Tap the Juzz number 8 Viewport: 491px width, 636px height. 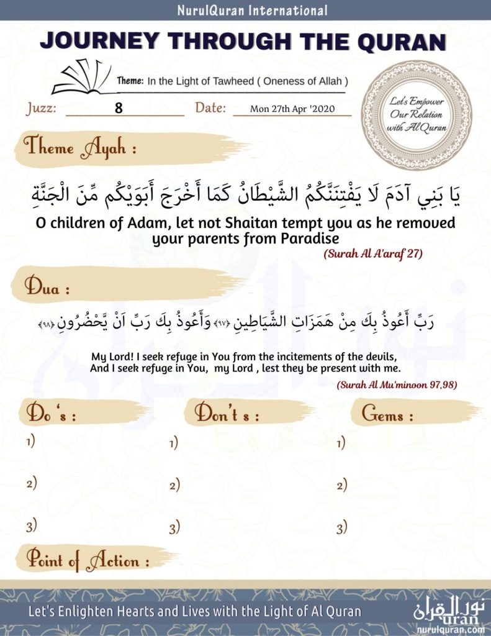click(119, 108)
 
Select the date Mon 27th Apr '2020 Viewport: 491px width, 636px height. click(292, 109)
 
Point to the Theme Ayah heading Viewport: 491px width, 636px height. click(79, 148)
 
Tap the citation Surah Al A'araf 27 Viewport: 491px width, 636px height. click(373, 255)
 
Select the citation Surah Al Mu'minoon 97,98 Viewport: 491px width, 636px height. click(397, 385)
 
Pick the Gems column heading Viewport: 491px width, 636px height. click(387, 415)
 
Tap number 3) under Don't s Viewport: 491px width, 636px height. click(174, 529)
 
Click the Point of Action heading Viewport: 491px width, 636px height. click(88, 561)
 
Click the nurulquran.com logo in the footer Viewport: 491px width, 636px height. click(451, 614)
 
